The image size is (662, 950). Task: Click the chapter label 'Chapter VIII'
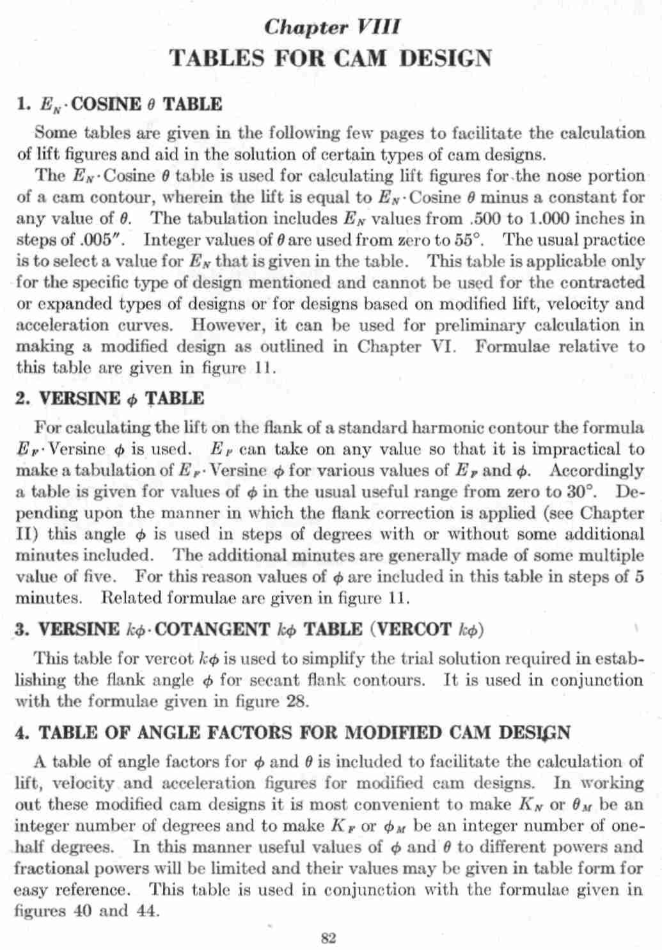click(332, 27)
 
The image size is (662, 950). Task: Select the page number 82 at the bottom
click(328, 938)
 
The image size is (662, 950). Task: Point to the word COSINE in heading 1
click(107, 104)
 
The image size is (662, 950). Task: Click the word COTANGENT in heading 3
click(212, 629)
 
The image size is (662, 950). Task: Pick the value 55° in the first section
click(470, 240)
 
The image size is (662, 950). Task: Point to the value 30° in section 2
click(582, 492)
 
